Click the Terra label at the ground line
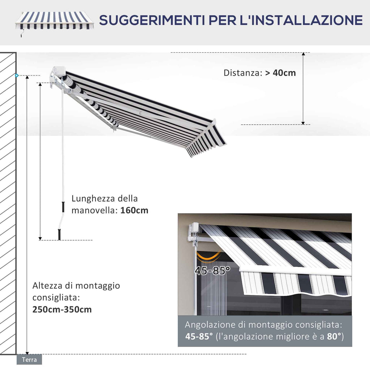29,360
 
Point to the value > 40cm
280,73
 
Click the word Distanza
242,73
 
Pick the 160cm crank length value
134,210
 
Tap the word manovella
95,210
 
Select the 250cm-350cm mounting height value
62,310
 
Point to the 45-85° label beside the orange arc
212,270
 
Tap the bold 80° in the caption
334,336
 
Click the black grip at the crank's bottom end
59,234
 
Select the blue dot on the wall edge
16,76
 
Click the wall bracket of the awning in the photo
194,233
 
